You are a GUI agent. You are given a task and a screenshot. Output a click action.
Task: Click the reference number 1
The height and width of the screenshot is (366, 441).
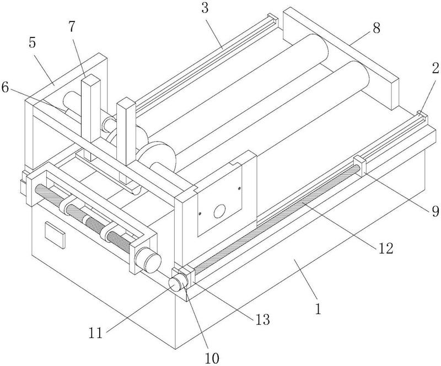pos(318,309)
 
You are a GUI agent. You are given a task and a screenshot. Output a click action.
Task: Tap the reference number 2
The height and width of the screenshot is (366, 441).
pos(435,68)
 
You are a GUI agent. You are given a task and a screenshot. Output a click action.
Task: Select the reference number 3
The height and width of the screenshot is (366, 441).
pos(205,8)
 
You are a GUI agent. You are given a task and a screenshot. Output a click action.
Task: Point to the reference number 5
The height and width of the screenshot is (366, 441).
pos(33,42)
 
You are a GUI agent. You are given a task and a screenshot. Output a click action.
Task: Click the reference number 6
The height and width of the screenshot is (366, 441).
pos(5,88)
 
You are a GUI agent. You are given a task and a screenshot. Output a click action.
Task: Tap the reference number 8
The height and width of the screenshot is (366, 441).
pos(377,28)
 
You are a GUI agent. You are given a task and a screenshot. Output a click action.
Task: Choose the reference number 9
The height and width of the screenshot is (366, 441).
pos(435,211)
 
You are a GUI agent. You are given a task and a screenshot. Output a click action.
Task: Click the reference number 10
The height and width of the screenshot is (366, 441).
pos(212,358)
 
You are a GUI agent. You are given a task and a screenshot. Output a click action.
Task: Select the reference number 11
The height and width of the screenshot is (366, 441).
pos(96,333)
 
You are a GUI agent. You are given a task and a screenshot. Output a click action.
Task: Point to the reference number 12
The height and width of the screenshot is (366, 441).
pos(385,249)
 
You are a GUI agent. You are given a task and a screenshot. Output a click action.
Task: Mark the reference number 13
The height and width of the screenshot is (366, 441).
pos(262,320)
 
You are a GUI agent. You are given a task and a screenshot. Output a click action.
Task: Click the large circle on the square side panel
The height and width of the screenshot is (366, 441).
pos(219,211)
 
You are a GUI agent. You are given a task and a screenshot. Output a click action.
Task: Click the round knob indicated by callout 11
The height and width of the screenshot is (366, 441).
pos(175,283)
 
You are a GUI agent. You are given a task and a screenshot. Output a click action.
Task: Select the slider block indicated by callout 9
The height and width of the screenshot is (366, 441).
pos(360,166)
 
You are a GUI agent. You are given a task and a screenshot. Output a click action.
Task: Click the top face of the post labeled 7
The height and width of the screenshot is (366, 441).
pos(90,79)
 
